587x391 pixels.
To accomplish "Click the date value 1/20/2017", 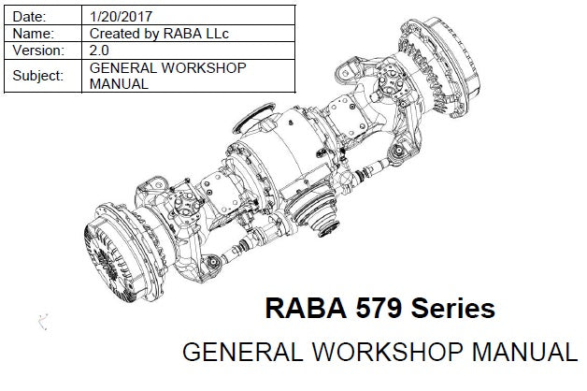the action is click(x=121, y=17).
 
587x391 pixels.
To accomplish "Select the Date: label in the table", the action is click(x=29, y=17).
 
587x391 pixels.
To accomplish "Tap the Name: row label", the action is click(x=34, y=34).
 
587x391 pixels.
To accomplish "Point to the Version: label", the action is click(x=38, y=51).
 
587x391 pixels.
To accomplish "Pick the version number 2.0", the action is click(x=99, y=51).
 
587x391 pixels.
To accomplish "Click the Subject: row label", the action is click(x=37, y=76).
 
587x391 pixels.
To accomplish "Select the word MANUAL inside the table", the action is click(x=119, y=84).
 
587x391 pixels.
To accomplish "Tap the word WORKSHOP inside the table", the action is click(x=204, y=67).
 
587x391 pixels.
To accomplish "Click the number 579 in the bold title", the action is click(x=379, y=309).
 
